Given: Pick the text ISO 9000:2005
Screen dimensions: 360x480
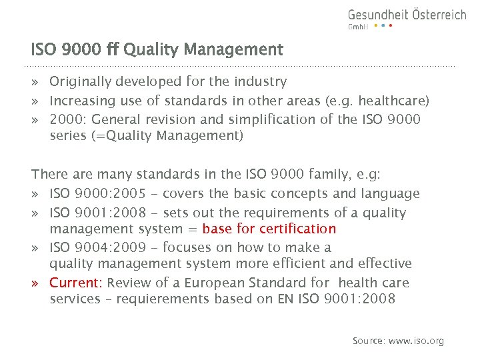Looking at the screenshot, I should pos(93,194).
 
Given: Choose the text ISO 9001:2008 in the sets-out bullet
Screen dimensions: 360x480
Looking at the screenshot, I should pos(93,213).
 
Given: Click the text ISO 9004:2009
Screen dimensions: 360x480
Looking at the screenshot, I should pos(93,248).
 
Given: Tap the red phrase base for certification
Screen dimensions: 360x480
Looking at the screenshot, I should pos(269,229).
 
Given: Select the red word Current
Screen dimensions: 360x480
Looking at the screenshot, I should pos(75,283).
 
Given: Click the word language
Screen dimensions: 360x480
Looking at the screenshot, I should pos(392,194).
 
